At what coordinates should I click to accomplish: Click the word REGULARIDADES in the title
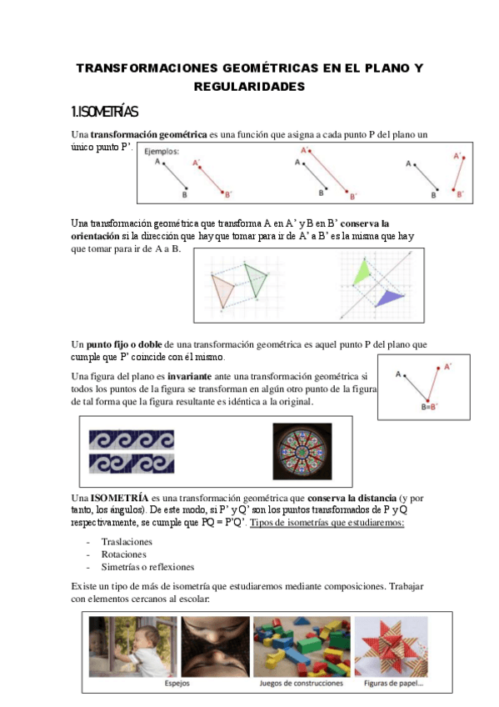(250, 87)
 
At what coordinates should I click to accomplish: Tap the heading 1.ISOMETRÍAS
(104, 112)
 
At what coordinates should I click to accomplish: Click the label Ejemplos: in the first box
(162, 152)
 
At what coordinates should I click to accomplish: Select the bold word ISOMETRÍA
(119, 498)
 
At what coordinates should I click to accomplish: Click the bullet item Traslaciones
(127, 542)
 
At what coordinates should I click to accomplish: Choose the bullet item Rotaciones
(124, 554)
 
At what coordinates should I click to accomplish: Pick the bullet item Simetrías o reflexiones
(147, 567)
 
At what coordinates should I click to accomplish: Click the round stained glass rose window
(302, 451)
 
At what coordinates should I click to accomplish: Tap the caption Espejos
(177, 683)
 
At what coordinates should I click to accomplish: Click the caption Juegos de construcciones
(302, 683)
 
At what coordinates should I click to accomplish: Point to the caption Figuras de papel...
(393, 683)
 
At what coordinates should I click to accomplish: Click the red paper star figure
(391, 646)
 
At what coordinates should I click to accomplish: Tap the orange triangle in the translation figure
(223, 290)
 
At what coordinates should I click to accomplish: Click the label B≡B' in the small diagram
(429, 407)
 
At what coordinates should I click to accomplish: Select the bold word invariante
(190, 376)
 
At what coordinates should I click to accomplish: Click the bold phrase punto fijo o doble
(124, 344)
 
